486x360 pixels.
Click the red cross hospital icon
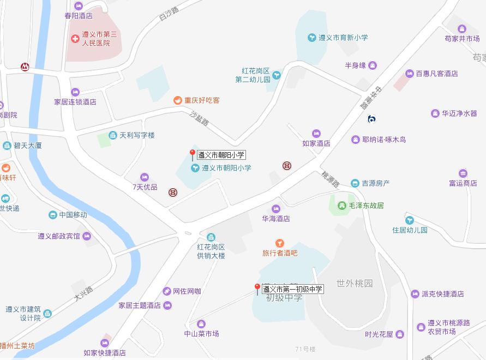point(75,38)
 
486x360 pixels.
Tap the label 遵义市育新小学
point(343,38)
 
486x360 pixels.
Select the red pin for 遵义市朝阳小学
point(192,154)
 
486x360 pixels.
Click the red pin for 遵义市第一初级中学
point(257,289)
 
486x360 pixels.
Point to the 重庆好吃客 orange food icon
point(177,100)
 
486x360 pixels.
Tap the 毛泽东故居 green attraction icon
point(341,206)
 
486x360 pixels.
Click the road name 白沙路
point(169,14)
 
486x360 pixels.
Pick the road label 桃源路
point(330,179)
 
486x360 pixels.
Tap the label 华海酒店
point(276,219)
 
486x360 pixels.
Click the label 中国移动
point(73,215)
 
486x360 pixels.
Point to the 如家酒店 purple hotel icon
point(316,134)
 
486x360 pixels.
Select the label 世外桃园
point(355,284)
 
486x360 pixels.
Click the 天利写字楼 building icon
point(113,135)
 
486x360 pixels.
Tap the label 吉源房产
point(376,184)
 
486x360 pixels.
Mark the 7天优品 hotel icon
point(145,177)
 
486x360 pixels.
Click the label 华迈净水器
point(459,113)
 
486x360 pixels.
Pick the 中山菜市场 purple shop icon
point(201,324)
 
